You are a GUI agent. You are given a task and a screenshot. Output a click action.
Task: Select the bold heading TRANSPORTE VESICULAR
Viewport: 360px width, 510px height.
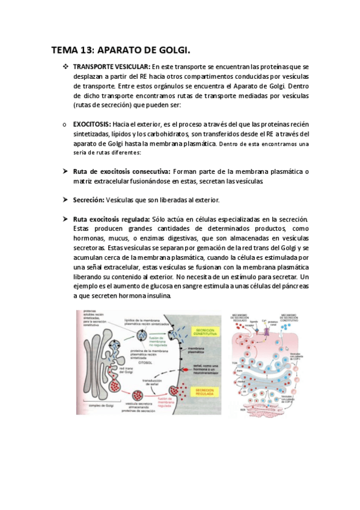pos(112,66)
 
